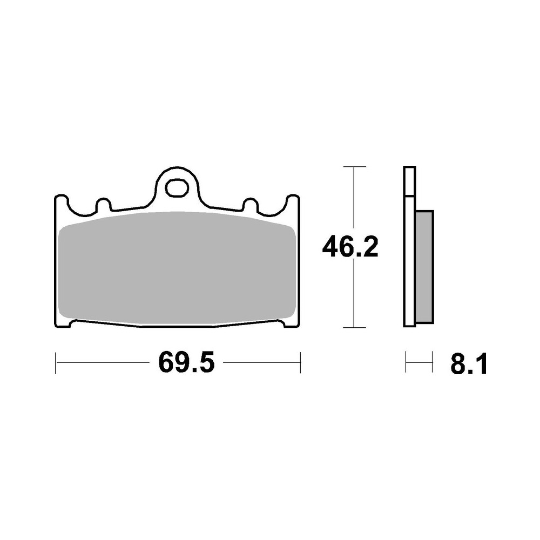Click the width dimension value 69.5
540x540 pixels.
pyautogui.click(x=186, y=362)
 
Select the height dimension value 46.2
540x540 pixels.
pyautogui.click(x=350, y=247)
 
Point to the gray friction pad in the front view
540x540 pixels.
pyautogui.click(x=176, y=268)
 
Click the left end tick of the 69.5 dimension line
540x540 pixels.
pyautogui.click(x=56, y=363)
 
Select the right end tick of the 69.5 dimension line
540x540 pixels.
pyautogui.click(x=300, y=363)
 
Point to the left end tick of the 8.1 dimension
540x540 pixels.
pyautogui.click(x=406, y=362)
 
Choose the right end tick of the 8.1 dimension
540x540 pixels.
pyautogui.click(x=432, y=362)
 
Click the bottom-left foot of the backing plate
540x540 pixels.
pyautogui.click(x=63, y=322)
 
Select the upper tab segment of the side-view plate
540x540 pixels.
pyautogui.click(x=409, y=181)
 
